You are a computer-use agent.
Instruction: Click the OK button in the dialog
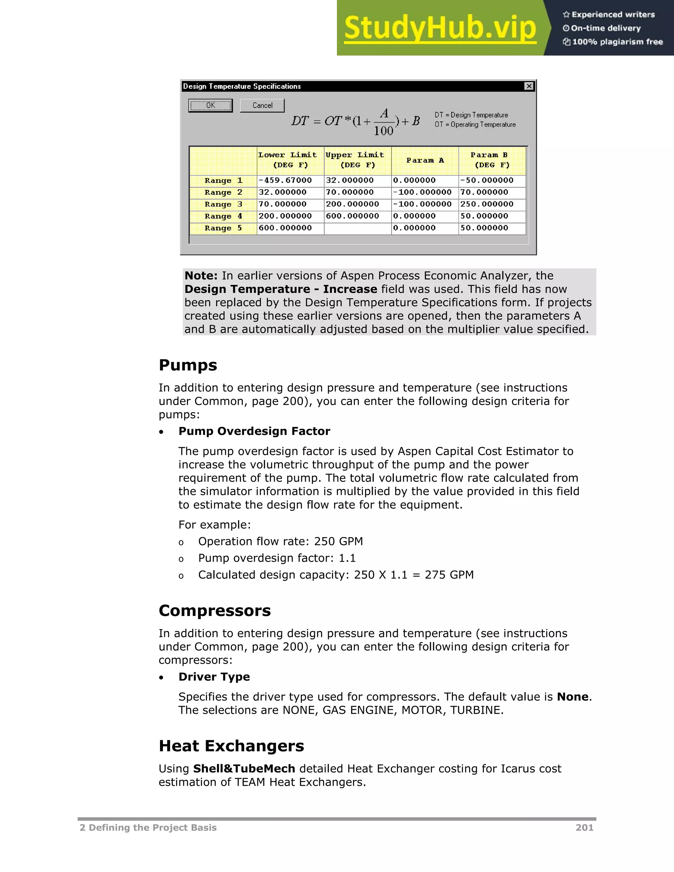(210, 105)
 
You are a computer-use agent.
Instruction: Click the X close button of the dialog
(529, 86)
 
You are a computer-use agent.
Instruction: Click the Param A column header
(425, 160)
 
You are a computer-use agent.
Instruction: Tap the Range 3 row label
(223, 204)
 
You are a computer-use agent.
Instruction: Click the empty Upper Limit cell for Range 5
(357, 228)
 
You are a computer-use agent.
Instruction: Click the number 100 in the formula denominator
(383, 131)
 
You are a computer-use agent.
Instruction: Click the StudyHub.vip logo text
(440, 28)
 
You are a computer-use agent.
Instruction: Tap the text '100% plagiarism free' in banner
(617, 42)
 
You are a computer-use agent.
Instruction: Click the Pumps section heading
(188, 365)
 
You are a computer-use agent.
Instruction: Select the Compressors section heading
(215, 610)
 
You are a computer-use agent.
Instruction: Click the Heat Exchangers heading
(231, 746)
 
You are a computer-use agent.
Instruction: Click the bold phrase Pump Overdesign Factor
(254, 431)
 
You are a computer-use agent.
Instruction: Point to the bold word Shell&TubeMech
(244, 769)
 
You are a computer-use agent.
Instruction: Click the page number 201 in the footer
(584, 828)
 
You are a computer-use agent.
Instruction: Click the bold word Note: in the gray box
(201, 276)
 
